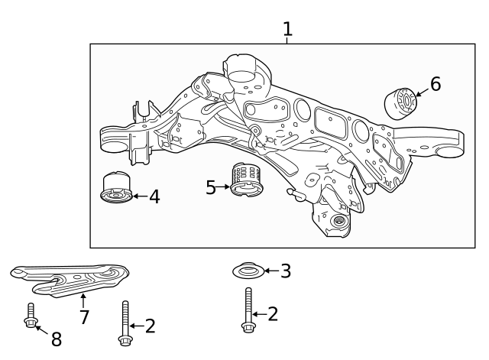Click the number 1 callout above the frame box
[x=287, y=30]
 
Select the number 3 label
[x=286, y=271]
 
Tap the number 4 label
[x=154, y=197]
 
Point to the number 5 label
[x=211, y=187]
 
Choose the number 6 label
[x=435, y=84]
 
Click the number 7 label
[x=84, y=317]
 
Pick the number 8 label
[x=56, y=339]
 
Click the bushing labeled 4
[x=117, y=190]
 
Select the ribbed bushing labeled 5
[x=247, y=180]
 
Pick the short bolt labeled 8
[x=30, y=315]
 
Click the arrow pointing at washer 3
[x=271, y=271]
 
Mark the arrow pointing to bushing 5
[x=225, y=186]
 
